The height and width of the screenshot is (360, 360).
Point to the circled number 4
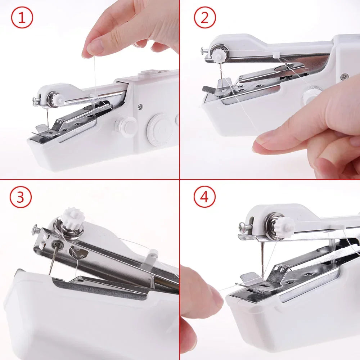coord(204,197)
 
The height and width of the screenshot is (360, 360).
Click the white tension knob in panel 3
coord(72,217)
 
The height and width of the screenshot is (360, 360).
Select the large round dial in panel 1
coord(161,130)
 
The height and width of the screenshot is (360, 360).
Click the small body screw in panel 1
coord(139,106)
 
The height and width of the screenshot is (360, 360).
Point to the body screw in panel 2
coord(345,76)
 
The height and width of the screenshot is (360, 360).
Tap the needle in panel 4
coord(262,263)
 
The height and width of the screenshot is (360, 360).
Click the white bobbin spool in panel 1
coord(128,126)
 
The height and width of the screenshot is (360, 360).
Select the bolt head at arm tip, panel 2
coord(203,50)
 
